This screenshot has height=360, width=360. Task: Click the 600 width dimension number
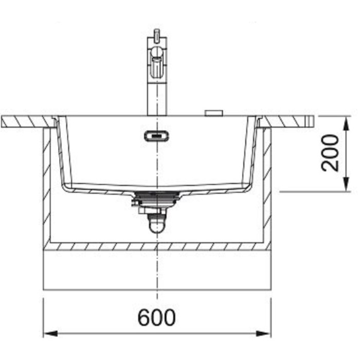click(x=156, y=317)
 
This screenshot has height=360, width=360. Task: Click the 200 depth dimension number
click(x=330, y=153)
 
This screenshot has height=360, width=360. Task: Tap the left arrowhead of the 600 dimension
click(x=50, y=333)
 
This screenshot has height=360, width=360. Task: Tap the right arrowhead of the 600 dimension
click(x=264, y=333)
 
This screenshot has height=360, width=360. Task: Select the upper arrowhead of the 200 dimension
click(x=347, y=123)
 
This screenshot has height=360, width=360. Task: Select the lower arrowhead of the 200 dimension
click(x=347, y=184)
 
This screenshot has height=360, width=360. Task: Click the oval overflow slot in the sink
click(x=157, y=136)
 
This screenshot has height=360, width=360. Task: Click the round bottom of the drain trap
click(x=157, y=227)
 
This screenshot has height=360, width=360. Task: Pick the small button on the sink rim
click(x=214, y=113)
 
